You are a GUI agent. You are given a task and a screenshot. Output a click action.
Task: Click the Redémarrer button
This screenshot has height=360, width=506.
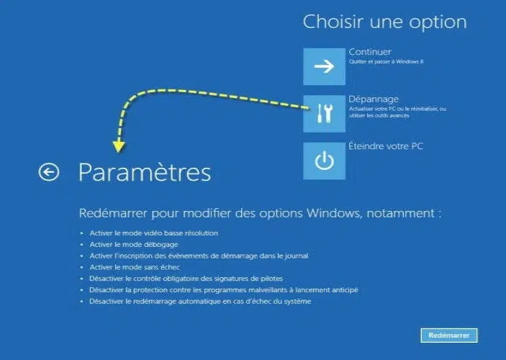(x=449, y=336)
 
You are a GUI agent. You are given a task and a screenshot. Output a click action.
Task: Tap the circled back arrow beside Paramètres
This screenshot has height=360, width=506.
(x=49, y=172)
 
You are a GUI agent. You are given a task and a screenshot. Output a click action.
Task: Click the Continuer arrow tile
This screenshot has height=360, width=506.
(x=324, y=66)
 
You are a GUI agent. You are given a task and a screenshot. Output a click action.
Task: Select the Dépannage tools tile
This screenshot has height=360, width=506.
(x=324, y=114)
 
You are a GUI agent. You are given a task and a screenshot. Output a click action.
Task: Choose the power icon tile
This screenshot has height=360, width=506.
(x=324, y=161)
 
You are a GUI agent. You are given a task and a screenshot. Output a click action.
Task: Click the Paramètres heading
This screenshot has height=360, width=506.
(x=145, y=172)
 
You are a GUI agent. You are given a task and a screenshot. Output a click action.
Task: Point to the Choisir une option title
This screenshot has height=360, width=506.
(x=384, y=22)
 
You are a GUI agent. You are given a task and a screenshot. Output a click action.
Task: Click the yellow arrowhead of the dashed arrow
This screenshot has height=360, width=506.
(x=119, y=147)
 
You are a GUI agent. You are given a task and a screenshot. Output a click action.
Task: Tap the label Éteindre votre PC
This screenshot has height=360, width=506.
(x=386, y=146)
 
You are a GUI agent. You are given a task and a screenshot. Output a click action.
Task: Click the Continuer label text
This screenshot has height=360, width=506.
(x=370, y=52)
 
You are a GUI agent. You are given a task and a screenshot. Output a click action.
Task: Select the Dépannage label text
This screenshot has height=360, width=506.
(x=374, y=99)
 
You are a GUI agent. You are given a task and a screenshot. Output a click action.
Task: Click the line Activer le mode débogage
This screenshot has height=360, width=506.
(x=134, y=245)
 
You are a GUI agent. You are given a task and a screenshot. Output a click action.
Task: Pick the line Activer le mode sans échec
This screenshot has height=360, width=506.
(x=135, y=267)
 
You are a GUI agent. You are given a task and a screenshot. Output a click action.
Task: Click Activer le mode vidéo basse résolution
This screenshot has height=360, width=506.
(x=153, y=233)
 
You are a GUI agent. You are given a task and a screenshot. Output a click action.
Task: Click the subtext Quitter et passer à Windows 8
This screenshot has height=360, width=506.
(x=386, y=61)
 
